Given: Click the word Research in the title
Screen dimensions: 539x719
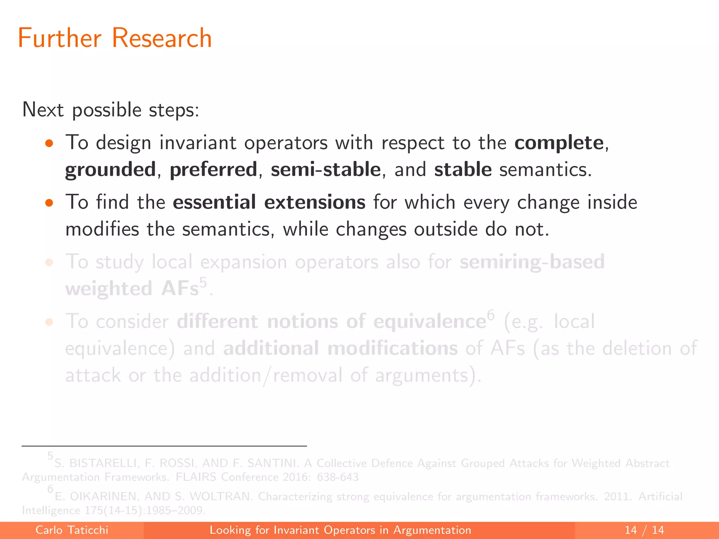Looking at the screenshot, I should click(x=162, y=38).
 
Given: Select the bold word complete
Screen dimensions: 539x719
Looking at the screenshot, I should click(x=559, y=143).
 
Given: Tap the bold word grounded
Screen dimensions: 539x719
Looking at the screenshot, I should click(x=110, y=170).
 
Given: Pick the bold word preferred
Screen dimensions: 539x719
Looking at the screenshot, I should click(x=213, y=170).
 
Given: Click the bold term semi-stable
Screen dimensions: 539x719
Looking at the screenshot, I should click(x=325, y=170).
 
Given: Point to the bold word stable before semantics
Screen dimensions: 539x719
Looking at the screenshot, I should click(x=463, y=170).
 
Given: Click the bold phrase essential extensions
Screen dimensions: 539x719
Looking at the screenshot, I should click(x=269, y=202).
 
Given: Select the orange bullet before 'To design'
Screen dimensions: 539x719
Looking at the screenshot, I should click(x=49, y=143).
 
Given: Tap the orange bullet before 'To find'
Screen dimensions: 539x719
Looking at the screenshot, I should click(x=49, y=203).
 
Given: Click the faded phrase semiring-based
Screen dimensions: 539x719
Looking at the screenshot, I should click(x=532, y=262).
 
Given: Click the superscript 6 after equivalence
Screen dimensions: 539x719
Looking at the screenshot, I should click(x=490, y=315).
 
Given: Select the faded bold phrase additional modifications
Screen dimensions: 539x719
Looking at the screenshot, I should click(x=340, y=348).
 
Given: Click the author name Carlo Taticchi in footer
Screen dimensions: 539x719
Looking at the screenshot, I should click(x=72, y=530).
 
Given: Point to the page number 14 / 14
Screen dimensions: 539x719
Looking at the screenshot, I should click(x=644, y=530).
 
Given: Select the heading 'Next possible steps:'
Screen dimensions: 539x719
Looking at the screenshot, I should click(x=111, y=110).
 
